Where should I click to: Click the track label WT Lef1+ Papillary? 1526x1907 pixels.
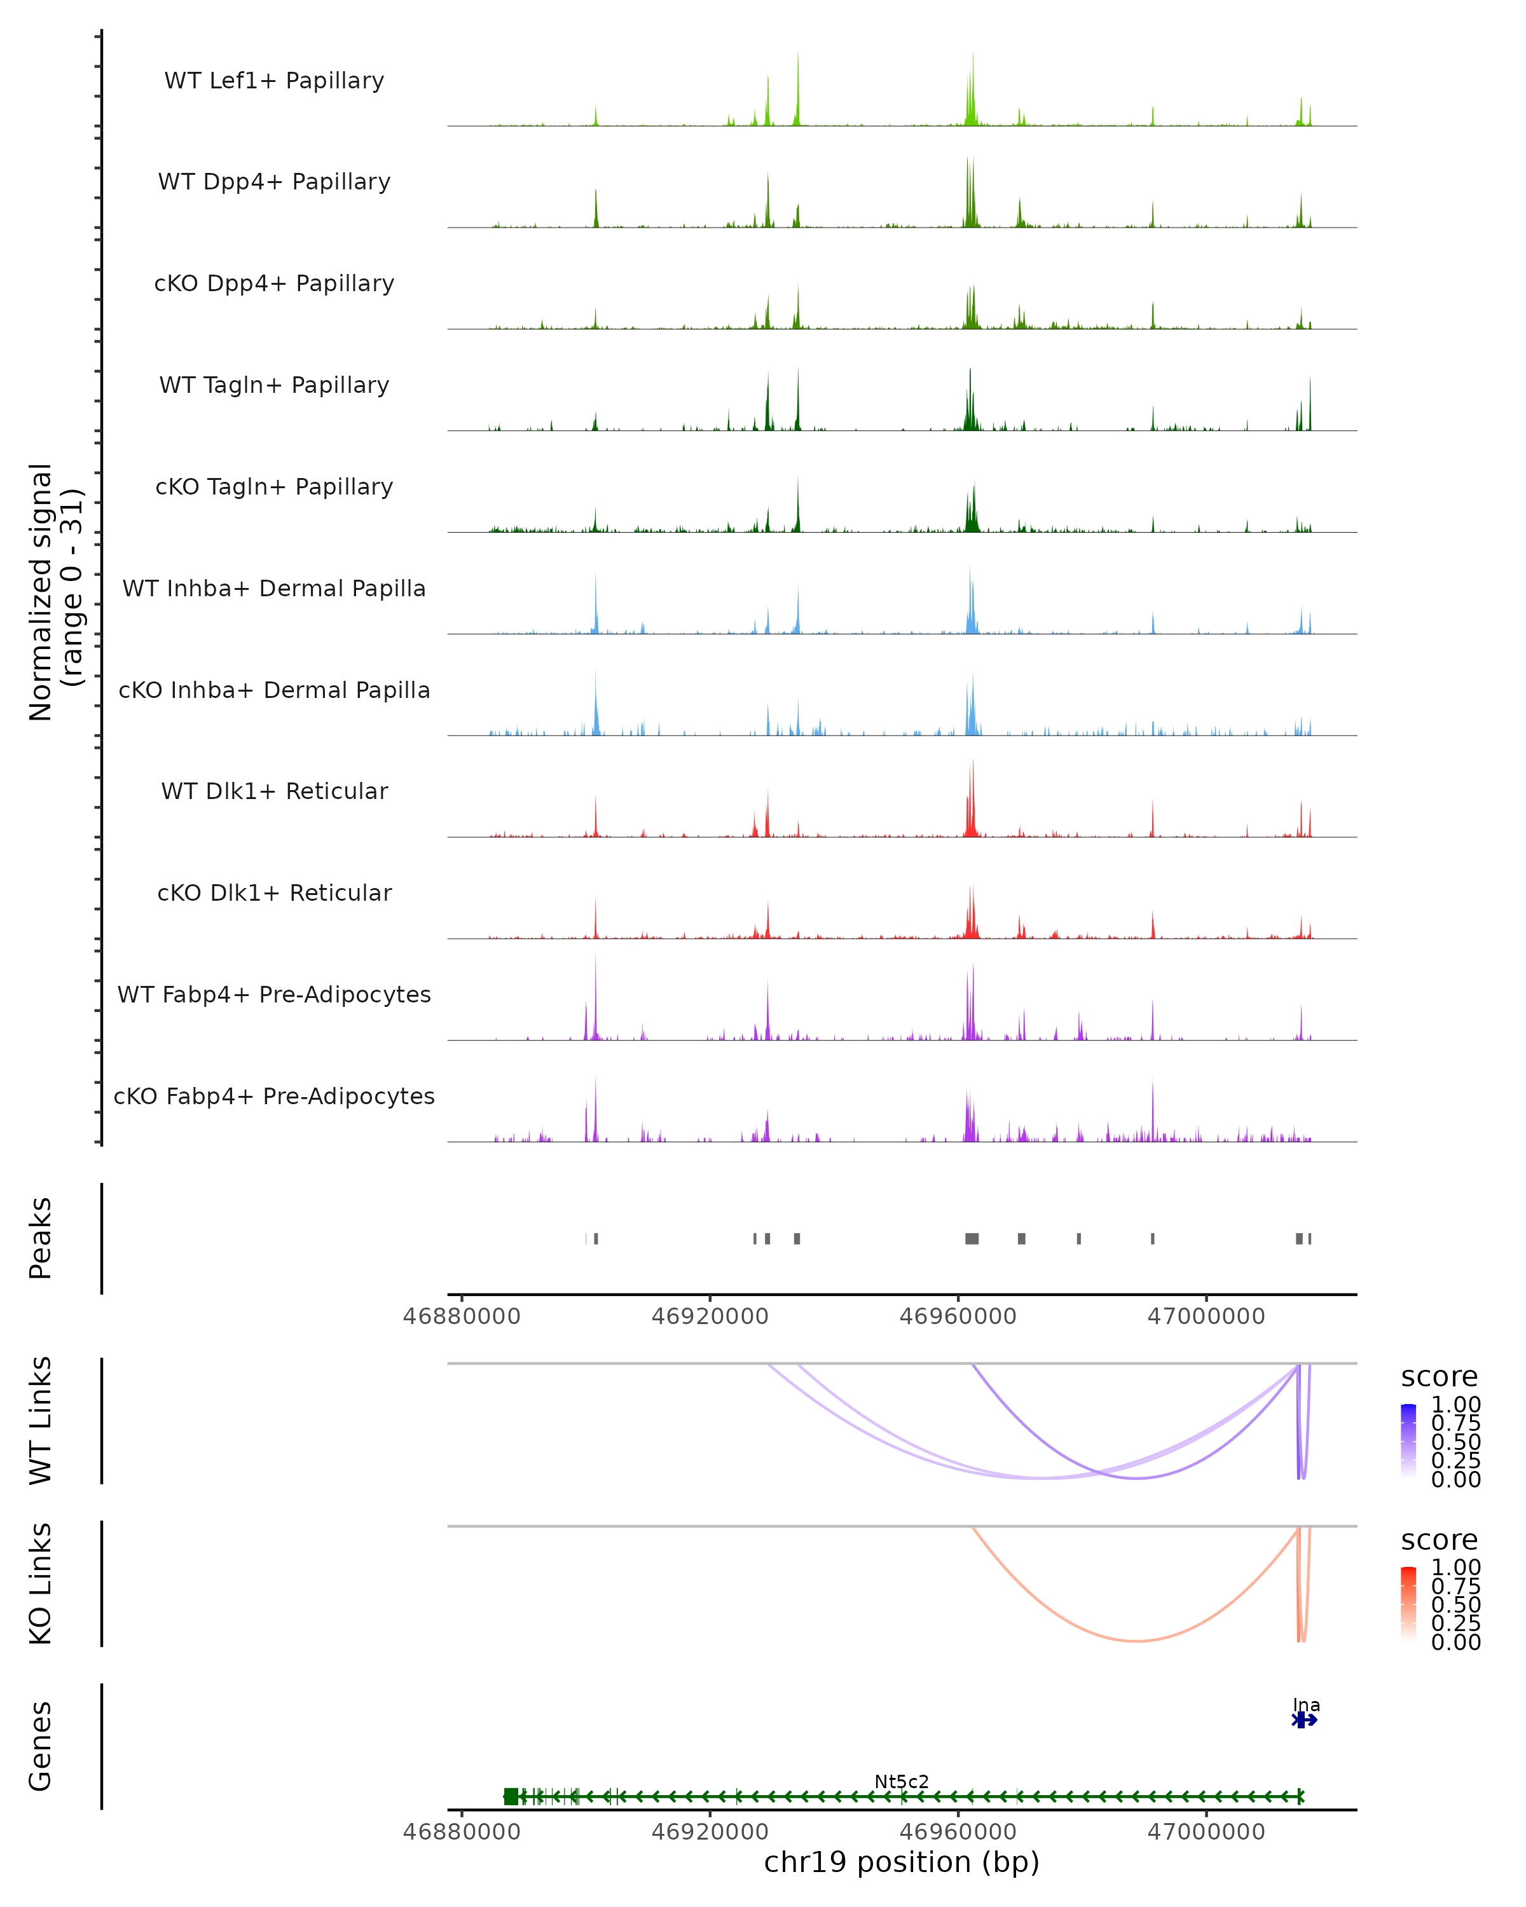(274, 81)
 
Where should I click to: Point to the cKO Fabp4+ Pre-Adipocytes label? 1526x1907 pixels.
(274, 1096)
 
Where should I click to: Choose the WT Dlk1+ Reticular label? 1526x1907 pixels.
(274, 791)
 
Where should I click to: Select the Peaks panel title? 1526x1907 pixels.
(41, 1238)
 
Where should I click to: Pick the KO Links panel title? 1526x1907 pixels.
(41, 1583)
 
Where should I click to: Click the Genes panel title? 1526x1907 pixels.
(41, 1746)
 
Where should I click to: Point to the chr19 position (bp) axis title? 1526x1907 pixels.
(902, 1863)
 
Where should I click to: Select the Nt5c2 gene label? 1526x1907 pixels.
(902, 1781)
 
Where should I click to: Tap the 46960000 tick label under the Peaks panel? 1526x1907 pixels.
(958, 1316)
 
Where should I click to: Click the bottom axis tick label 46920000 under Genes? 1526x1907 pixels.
(710, 1831)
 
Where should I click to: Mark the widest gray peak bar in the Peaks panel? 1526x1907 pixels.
(972, 1238)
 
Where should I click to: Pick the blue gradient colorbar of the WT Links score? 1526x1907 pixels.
(1408, 1440)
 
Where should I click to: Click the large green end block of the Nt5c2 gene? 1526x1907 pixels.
(511, 1796)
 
